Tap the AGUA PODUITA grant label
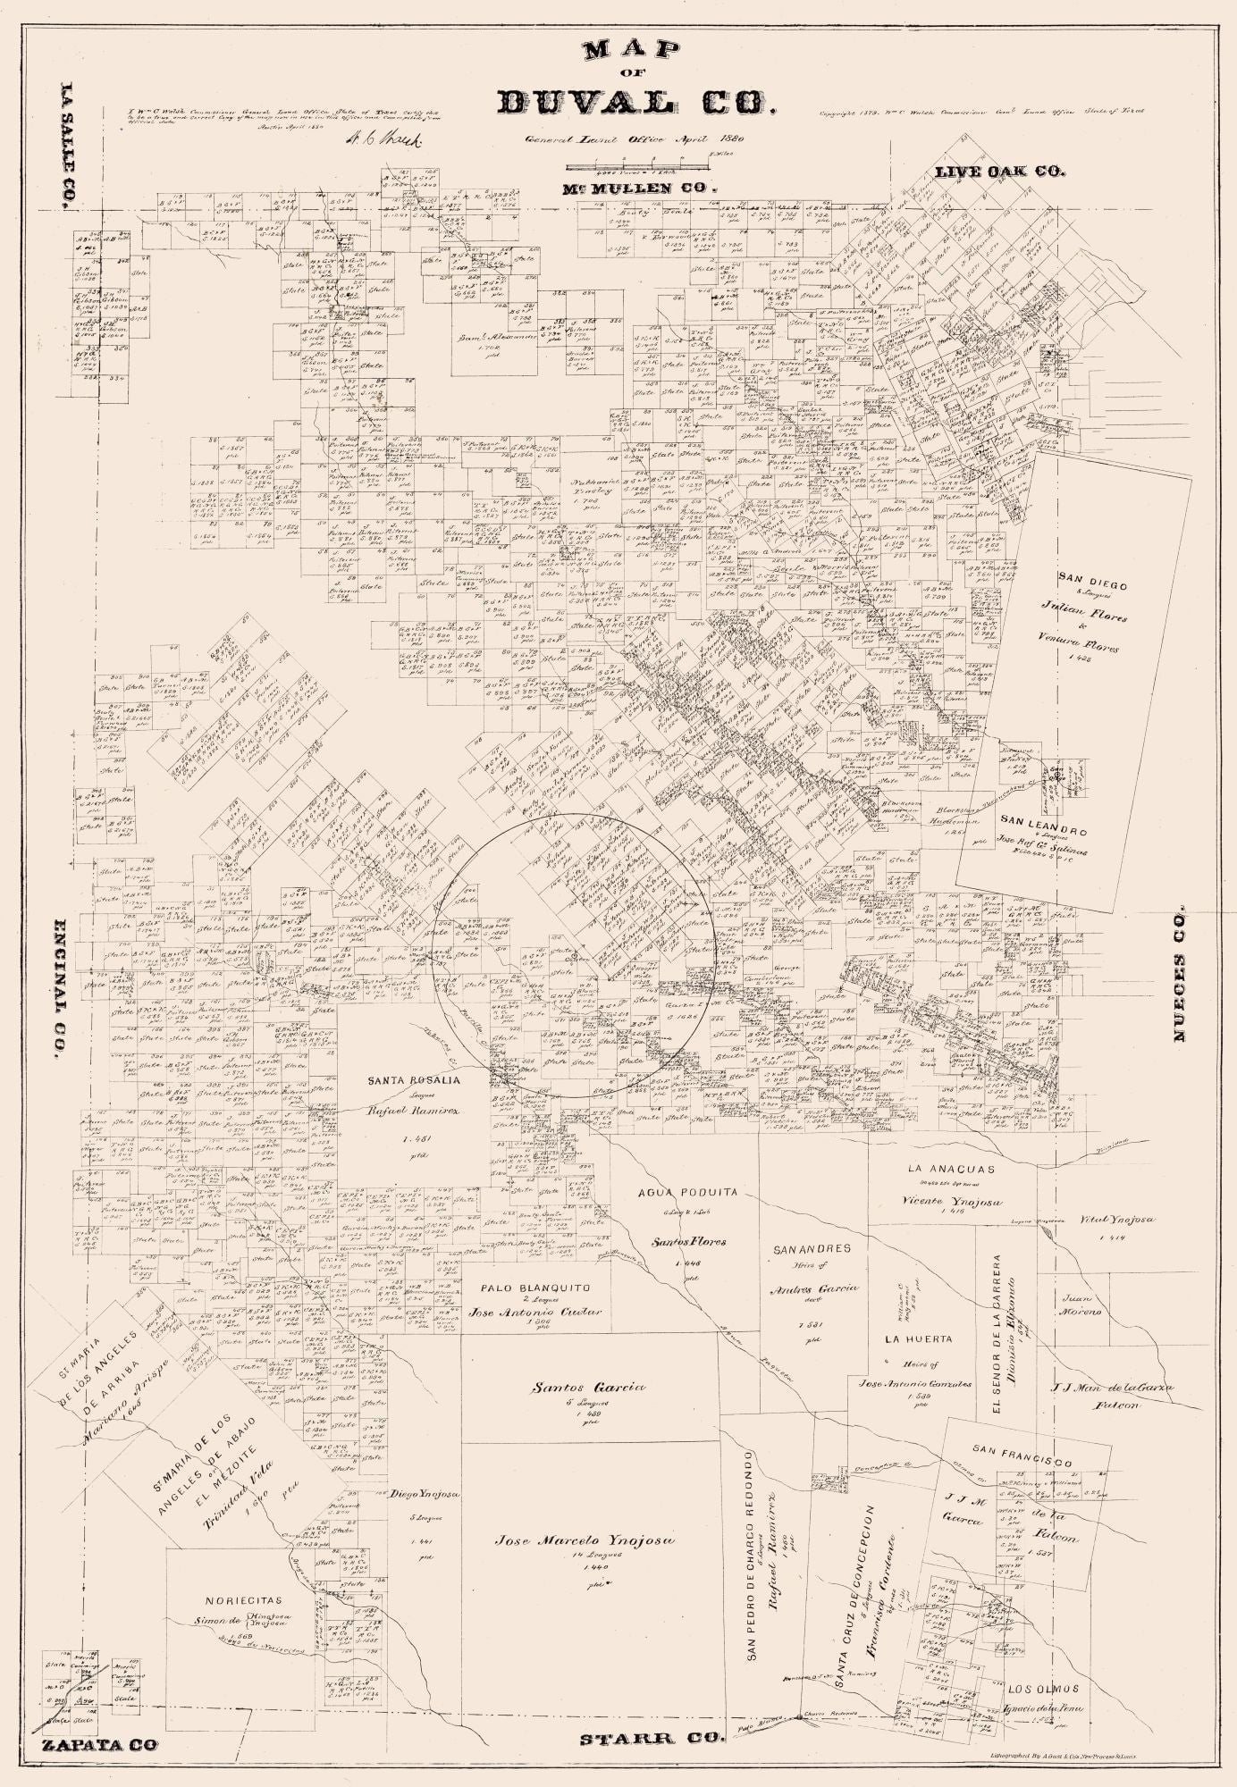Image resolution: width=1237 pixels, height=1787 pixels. pyautogui.click(x=687, y=1192)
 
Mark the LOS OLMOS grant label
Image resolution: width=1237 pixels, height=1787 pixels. pyautogui.click(x=1043, y=1689)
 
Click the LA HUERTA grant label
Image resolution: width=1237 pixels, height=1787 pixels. pyautogui.click(x=918, y=1338)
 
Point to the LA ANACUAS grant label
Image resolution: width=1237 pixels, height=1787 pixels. pyautogui.click(x=950, y=1168)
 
